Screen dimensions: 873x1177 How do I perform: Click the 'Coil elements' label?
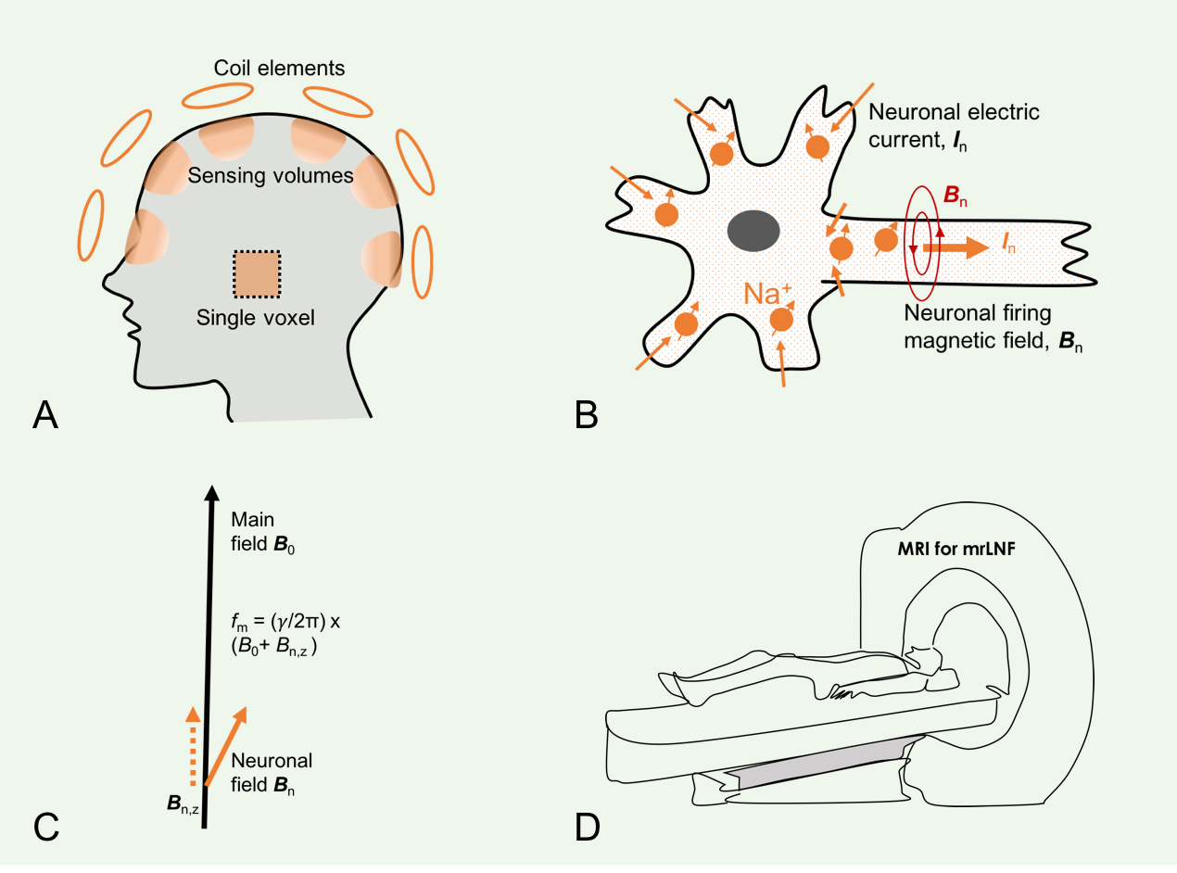(x=279, y=69)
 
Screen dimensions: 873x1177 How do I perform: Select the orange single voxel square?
(x=257, y=275)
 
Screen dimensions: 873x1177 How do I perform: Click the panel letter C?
(x=46, y=826)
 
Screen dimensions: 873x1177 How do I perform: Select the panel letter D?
(x=588, y=826)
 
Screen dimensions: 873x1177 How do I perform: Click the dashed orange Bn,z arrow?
(x=192, y=745)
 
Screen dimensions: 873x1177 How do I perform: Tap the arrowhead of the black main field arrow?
(x=212, y=494)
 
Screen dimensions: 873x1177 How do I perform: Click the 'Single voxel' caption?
(x=256, y=319)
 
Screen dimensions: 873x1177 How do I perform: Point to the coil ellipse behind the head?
(x=422, y=261)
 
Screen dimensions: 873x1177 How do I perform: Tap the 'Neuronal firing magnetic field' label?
(x=982, y=327)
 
